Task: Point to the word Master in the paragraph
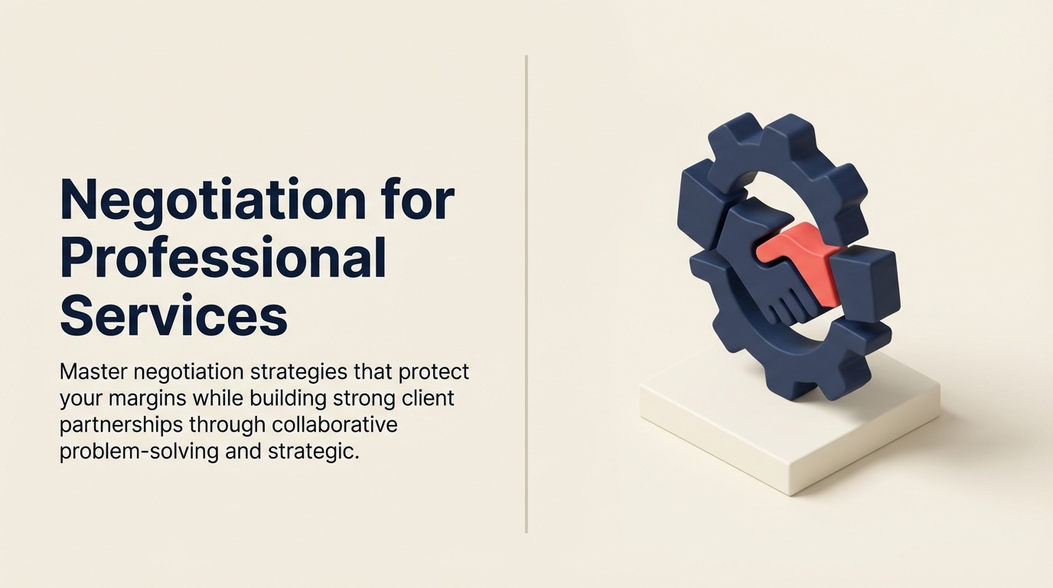[x=93, y=371]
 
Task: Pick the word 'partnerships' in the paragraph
[x=121, y=425]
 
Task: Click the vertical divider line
[x=526, y=294]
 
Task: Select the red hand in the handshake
[x=794, y=261]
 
